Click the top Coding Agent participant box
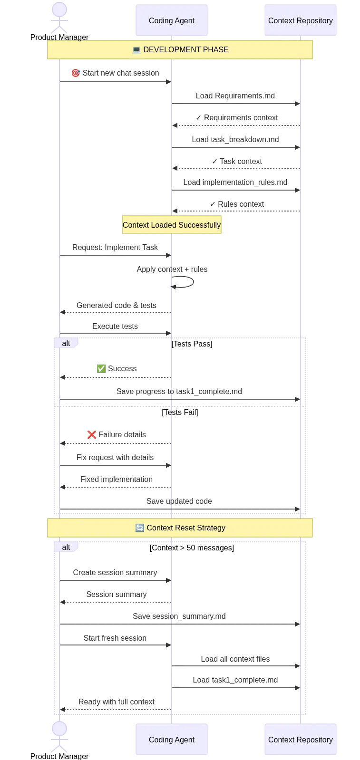tap(172, 20)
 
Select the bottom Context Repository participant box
tap(301, 739)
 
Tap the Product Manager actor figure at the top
tap(59, 18)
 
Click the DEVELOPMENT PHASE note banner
tap(180, 49)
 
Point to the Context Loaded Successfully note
tap(172, 225)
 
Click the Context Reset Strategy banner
tap(180, 528)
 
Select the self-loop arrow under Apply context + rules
tap(193, 282)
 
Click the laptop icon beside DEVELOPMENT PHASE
tap(136, 50)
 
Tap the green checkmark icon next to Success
tap(101, 368)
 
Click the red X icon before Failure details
tap(91, 434)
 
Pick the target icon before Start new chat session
tap(76, 73)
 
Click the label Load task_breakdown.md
tap(235, 139)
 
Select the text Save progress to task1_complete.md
tap(179, 391)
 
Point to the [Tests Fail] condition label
tap(180, 412)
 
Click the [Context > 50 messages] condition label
tap(192, 548)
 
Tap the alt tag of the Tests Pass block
tap(66, 343)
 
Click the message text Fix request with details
tap(115, 457)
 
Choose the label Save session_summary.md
tap(179, 616)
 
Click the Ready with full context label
tap(117, 702)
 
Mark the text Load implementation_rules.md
tap(235, 182)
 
